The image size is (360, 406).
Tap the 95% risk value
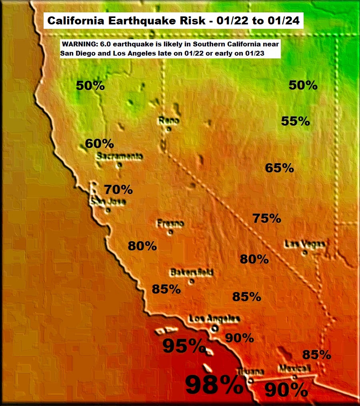(x=184, y=346)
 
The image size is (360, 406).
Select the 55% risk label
(x=295, y=121)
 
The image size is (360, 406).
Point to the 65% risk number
(x=280, y=168)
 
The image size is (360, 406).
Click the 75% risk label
(x=266, y=218)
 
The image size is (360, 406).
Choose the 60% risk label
(x=99, y=143)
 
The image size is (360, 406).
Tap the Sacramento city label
(x=119, y=156)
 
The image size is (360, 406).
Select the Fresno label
(x=170, y=224)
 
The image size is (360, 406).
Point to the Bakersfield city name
(x=192, y=272)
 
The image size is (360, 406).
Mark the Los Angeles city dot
(x=215, y=328)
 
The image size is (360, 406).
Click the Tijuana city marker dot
(x=250, y=380)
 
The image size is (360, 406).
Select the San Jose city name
(x=108, y=202)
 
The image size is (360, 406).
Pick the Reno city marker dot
(x=169, y=128)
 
